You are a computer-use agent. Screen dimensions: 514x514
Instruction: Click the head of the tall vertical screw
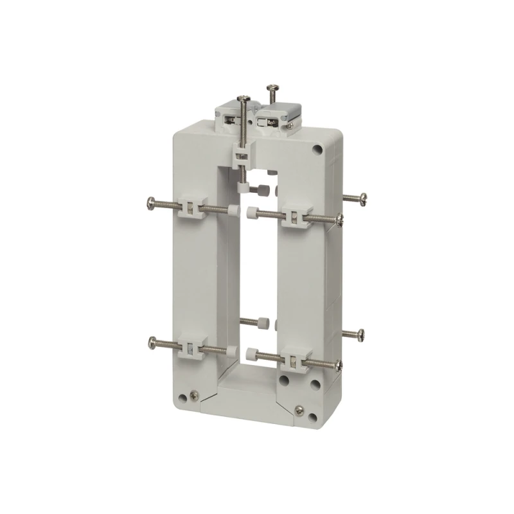point(244,97)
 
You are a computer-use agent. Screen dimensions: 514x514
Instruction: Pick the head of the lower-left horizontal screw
point(152,341)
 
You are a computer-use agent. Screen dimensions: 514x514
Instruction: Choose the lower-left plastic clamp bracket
point(190,348)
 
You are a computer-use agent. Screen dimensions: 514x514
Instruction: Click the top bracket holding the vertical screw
point(240,154)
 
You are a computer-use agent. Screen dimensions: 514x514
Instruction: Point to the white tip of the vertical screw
point(244,188)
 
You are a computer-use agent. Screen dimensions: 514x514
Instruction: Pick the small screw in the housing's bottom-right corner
point(299,409)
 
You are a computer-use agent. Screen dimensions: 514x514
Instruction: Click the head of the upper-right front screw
point(340,222)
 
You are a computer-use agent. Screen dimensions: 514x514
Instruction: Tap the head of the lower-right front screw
point(340,365)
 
